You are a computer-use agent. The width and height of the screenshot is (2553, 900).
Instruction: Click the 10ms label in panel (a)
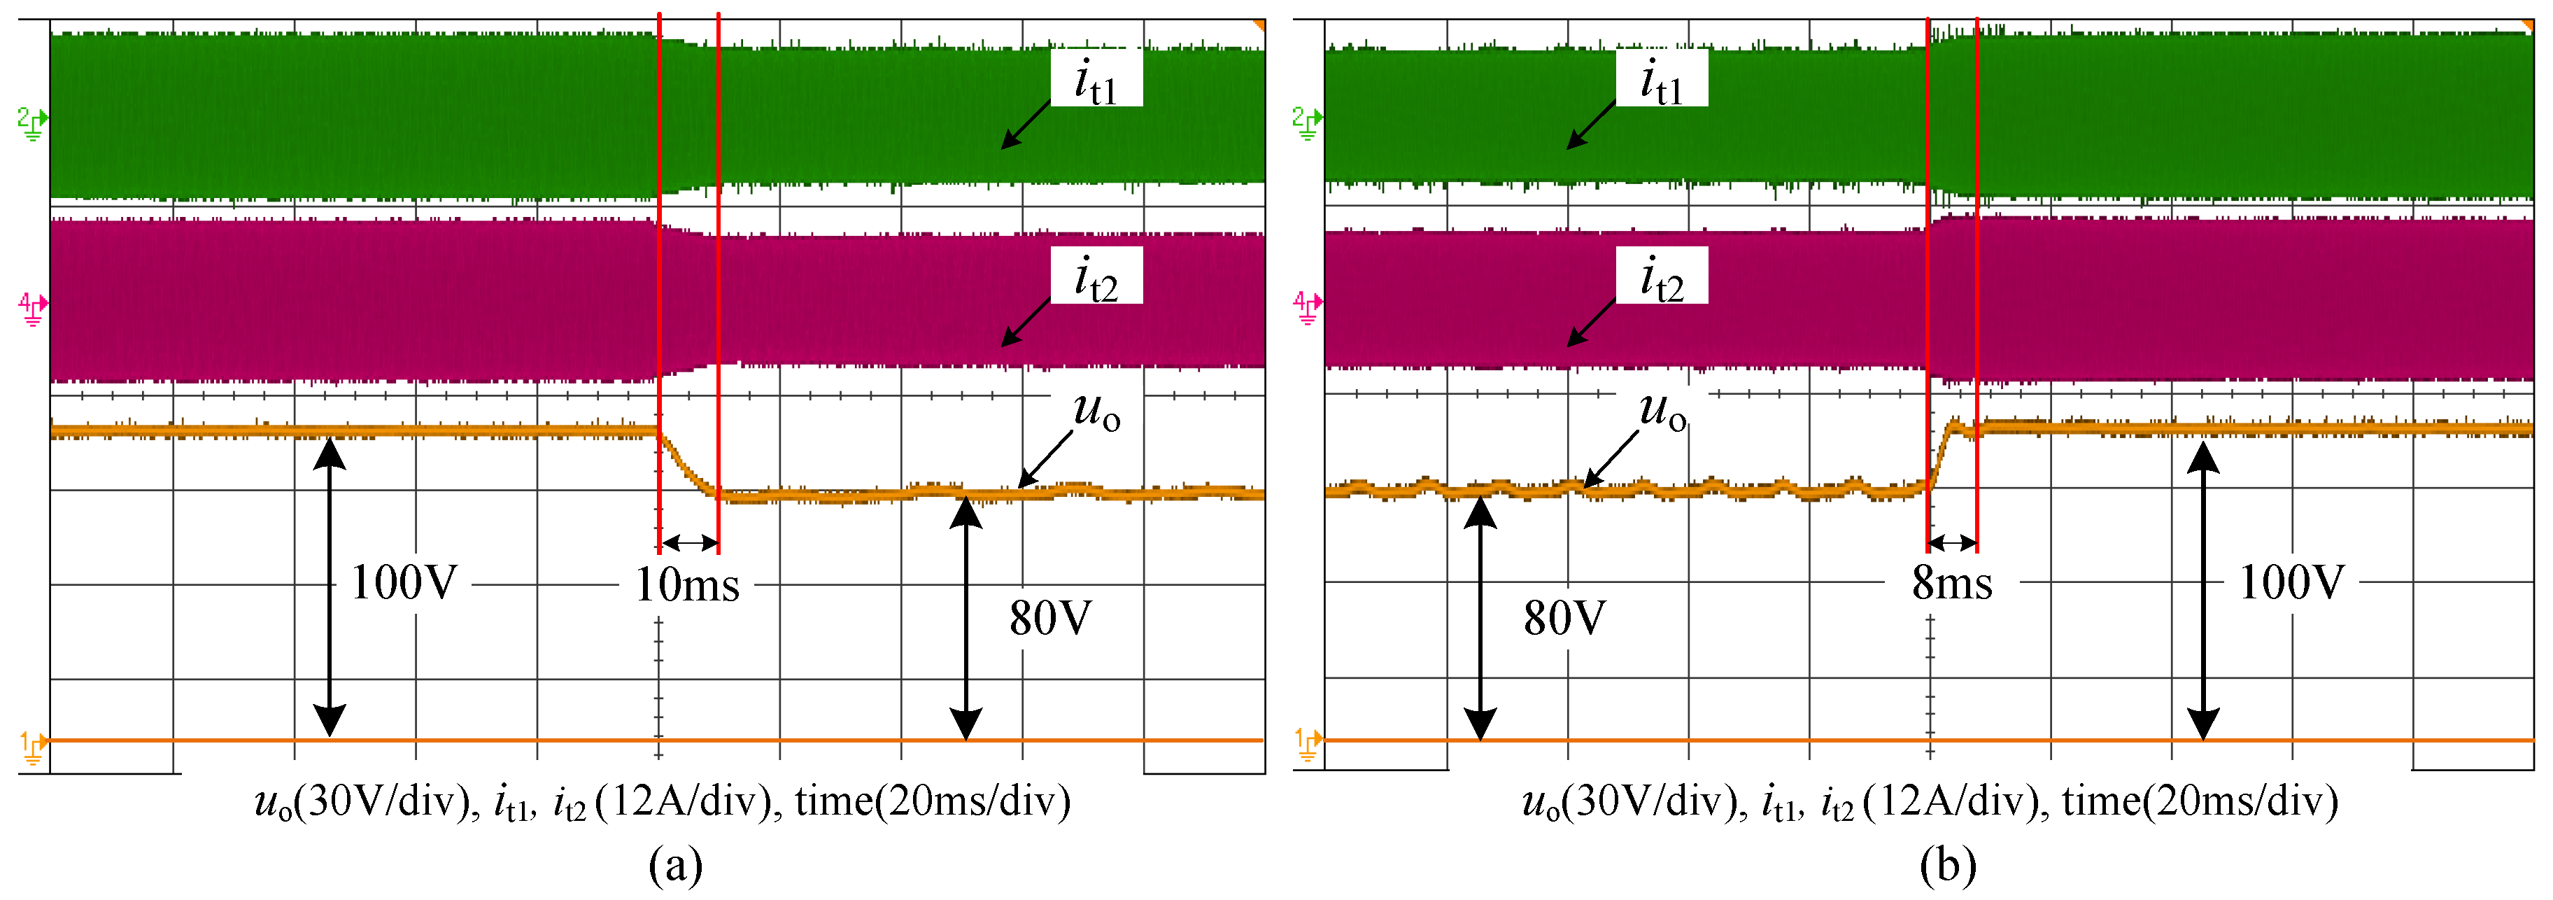pos(687,585)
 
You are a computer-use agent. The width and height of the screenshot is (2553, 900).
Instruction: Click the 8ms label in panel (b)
pos(1951,583)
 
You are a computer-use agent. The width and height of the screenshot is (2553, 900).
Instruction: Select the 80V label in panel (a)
pos(1049,619)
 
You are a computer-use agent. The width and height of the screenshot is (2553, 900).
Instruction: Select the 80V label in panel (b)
pos(1564,619)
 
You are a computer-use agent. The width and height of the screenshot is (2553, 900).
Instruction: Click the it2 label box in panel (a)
pos(1096,276)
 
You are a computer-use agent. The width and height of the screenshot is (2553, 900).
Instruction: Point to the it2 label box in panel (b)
pos(1661,276)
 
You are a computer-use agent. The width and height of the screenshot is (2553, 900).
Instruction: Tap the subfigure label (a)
pos(676,864)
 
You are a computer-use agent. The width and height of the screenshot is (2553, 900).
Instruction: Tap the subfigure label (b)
pos(1947,864)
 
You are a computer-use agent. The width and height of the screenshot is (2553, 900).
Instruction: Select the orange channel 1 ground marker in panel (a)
pos(34,746)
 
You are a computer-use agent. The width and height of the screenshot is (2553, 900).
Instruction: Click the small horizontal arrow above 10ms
pos(688,542)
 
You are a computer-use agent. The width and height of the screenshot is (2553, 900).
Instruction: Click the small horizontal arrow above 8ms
pos(1953,542)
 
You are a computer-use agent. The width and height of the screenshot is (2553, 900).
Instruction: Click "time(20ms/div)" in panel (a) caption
pos(933,801)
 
